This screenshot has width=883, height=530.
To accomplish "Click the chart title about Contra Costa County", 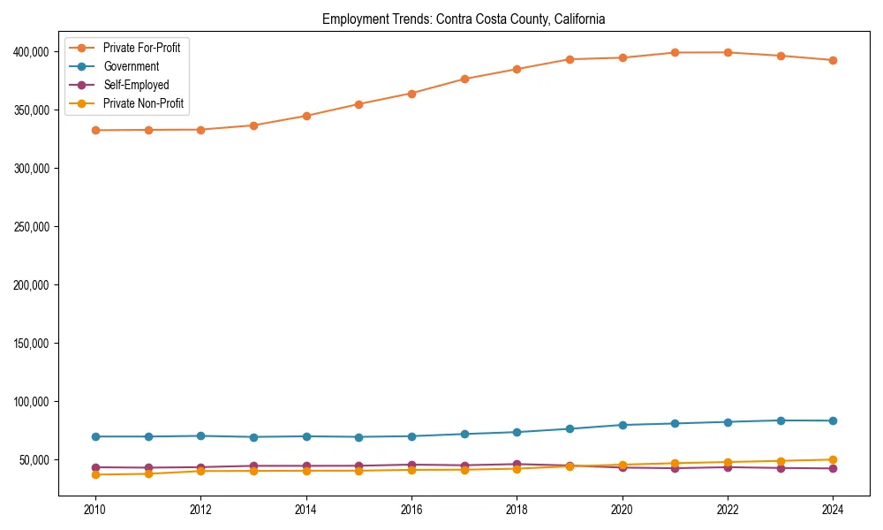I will tap(464, 19).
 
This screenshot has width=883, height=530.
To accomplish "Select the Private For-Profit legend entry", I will tap(141, 48).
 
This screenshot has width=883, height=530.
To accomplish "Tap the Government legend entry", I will tap(131, 66).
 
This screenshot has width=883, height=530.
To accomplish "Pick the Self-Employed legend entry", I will tap(135, 85).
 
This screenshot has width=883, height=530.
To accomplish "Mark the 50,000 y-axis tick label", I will tap(34, 460).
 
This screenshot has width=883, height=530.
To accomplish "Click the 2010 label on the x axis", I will tap(95, 510).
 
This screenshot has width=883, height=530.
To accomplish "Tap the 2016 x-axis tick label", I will tap(411, 510).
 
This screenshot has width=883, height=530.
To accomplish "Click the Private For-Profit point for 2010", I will tap(95, 131).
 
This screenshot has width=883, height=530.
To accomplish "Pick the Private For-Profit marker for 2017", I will tap(464, 79).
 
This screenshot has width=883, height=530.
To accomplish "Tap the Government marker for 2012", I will tap(200, 435).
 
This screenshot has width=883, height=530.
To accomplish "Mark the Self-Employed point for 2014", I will tap(306, 466).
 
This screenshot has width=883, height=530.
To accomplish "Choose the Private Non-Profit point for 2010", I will tap(95, 475).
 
